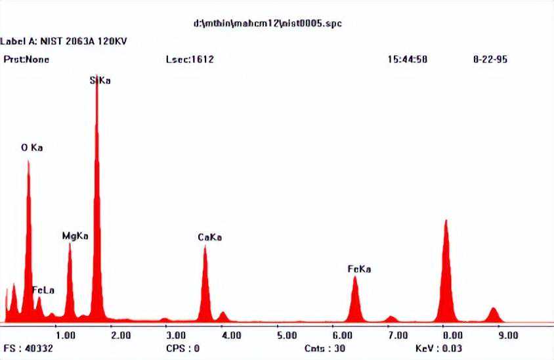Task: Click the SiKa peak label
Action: tap(100, 81)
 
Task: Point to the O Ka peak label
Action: tap(32, 148)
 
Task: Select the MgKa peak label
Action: tap(75, 235)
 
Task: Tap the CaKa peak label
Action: tap(209, 237)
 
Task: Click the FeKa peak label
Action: tap(359, 269)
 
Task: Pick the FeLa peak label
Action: tap(43, 290)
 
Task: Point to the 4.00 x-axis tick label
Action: tap(231, 335)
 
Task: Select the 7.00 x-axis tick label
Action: tap(397, 335)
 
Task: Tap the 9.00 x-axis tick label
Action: tap(508, 335)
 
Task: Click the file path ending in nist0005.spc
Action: tap(267, 24)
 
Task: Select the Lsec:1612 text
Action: tap(190, 59)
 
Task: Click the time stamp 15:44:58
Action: tap(408, 59)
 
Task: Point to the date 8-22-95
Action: tap(490, 59)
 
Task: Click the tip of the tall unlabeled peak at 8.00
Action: tap(446, 221)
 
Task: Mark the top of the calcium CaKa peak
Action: tap(205, 247)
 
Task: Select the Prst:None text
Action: tap(26, 59)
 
